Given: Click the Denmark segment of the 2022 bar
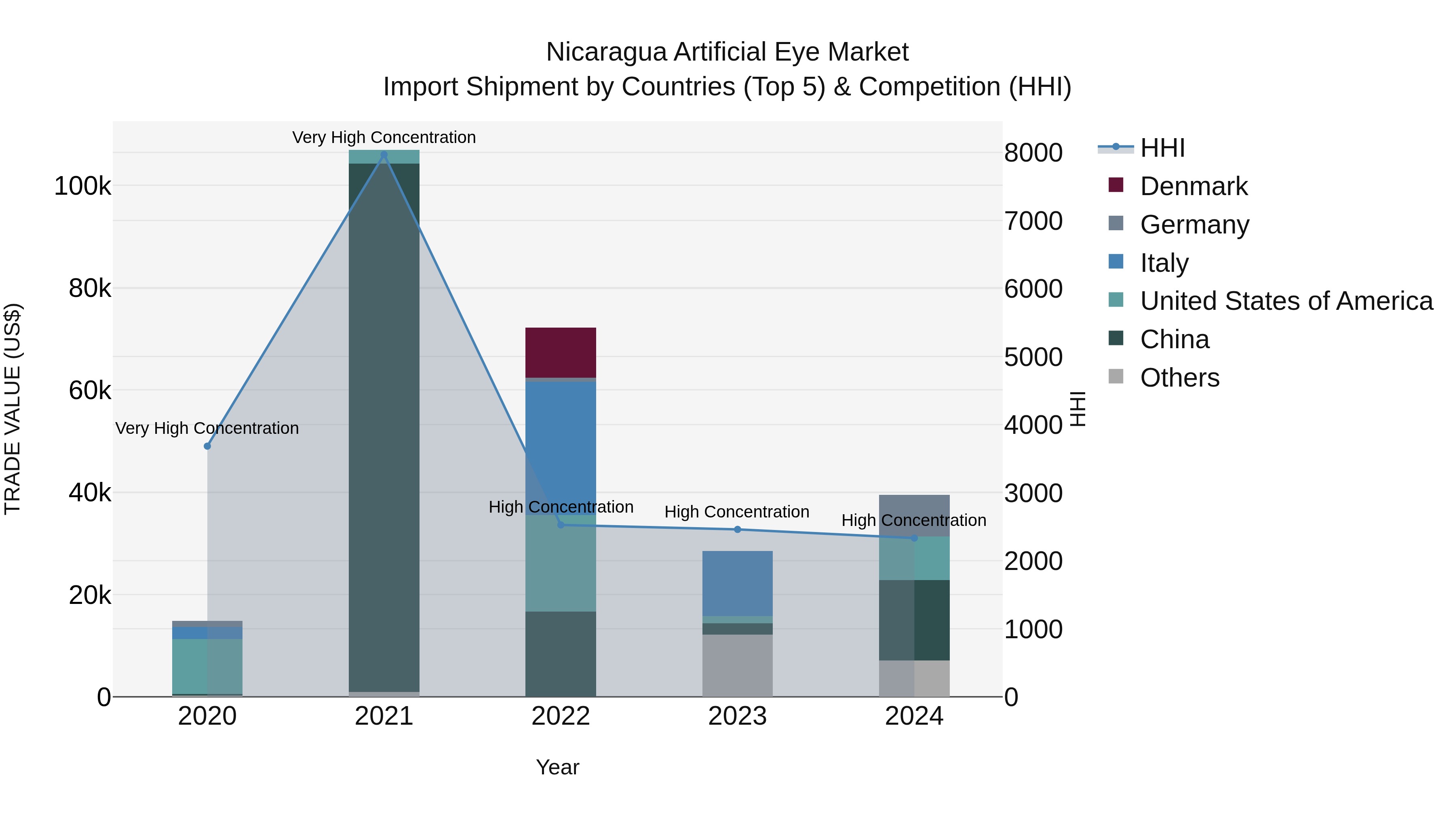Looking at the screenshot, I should [x=560, y=352].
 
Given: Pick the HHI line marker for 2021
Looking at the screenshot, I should [x=384, y=155].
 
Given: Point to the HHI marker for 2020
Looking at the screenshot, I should [x=207, y=446].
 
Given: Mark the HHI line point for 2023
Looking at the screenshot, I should [x=737, y=530].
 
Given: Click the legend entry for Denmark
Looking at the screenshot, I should [x=1194, y=186].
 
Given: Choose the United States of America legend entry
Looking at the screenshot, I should [x=1286, y=301].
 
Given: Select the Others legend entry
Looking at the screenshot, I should [x=1179, y=378].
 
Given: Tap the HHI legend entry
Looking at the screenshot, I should [x=1162, y=148].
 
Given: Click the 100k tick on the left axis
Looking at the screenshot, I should [x=82, y=186].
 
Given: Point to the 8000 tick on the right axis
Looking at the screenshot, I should [x=1033, y=153].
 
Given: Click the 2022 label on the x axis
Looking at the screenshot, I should [x=560, y=716].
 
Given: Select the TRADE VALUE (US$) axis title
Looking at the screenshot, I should [x=13, y=409].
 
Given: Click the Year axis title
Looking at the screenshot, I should [x=557, y=767].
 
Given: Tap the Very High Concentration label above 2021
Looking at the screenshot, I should [x=384, y=137].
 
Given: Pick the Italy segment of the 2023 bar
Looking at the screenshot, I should [x=737, y=582].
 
